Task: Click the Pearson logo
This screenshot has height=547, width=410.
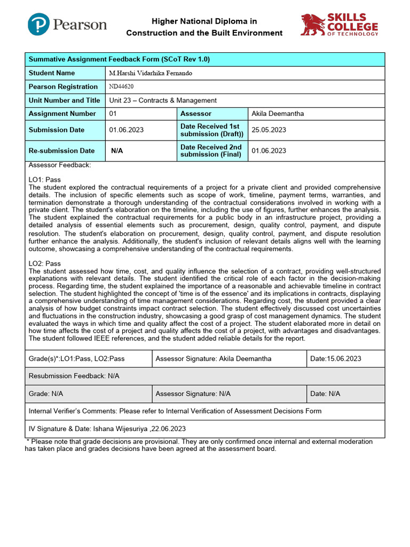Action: coord(67,25)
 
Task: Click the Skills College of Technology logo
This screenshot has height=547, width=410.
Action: coord(339,25)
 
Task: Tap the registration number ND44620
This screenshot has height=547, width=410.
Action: coord(121,87)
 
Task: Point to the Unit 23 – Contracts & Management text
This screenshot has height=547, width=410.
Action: coord(163,100)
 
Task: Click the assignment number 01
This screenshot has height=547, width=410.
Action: coord(113,114)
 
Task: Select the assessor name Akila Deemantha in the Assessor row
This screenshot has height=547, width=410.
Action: coord(277,114)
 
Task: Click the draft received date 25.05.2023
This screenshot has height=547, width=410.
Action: coord(269,130)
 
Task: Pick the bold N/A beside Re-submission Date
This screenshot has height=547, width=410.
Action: coord(117,151)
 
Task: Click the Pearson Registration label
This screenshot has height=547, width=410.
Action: coord(63,87)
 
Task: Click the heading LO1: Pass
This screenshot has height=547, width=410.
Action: coord(45,180)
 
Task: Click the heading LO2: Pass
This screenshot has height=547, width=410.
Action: coord(45,263)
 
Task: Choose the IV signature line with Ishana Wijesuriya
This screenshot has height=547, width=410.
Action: coord(107,429)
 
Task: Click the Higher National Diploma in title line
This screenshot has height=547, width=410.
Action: coord(204,21)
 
